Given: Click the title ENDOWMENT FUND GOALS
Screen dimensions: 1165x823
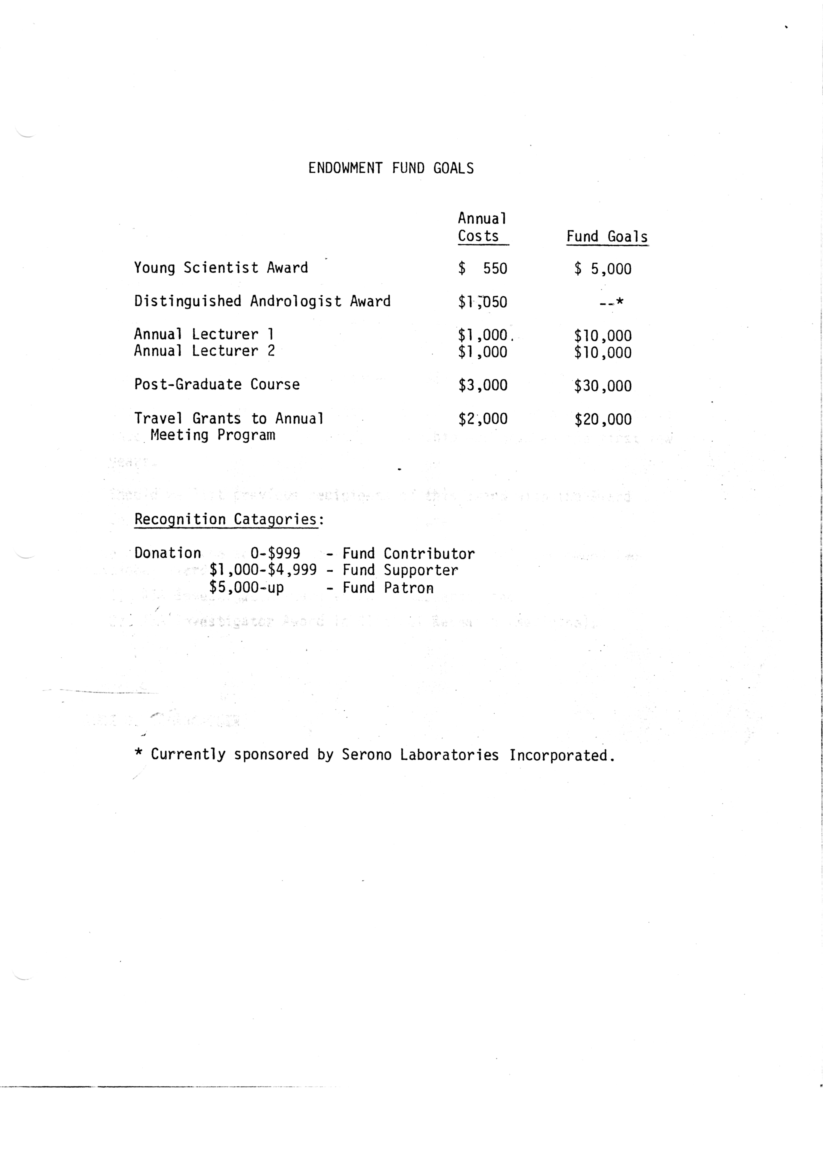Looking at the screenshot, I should click(391, 168).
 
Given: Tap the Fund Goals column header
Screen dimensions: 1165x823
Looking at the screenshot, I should click(607, 237).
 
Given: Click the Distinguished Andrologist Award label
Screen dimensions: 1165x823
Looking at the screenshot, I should click(262, 301).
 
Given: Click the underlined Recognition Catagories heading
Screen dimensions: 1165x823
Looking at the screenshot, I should click(228, 520).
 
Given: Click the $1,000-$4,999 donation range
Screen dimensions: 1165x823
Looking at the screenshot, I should click(263, 570).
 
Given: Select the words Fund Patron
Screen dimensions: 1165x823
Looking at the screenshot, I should click(388, 588).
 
